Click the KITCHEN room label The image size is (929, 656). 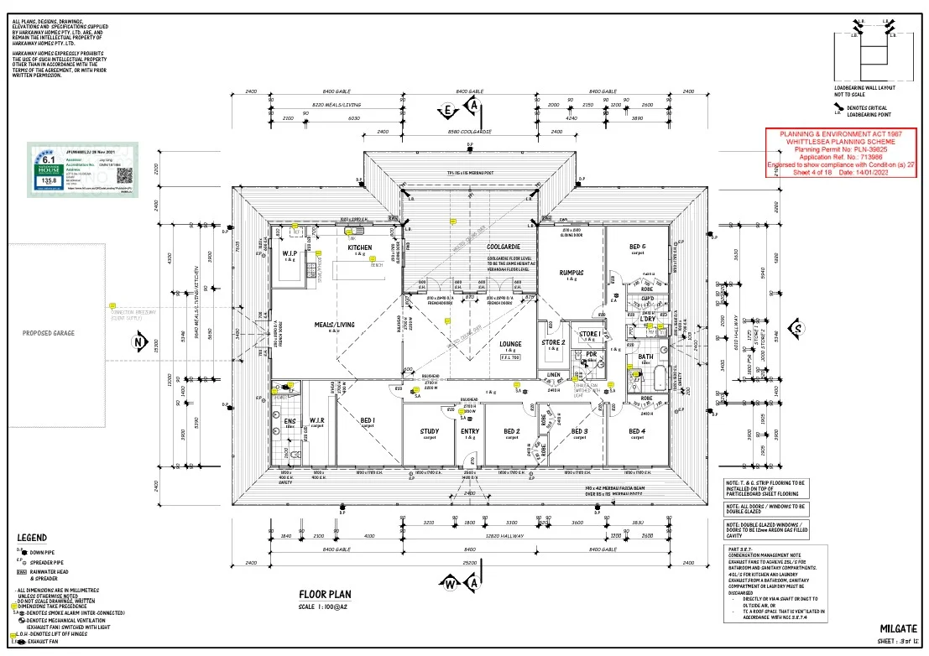[360, 248]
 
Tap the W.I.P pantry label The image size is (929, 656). [290, 253]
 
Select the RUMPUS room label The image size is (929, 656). [571, 273]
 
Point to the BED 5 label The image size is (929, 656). [638, 247]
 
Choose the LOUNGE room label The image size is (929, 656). [510, 344]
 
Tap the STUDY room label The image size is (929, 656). [430, 432]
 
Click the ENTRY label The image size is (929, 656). [470, 432]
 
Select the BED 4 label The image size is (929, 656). [638, 432]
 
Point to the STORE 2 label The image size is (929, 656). [552, 342]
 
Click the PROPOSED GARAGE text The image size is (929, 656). [49, 333]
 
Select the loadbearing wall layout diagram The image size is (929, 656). [869, 55]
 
